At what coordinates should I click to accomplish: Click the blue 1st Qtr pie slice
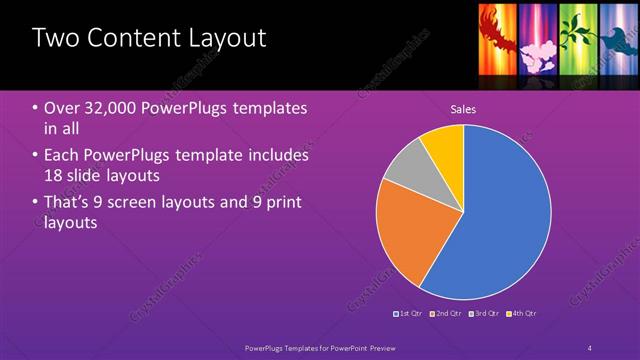[x=500, y=220]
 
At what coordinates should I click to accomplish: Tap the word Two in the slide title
[x=53, y=40]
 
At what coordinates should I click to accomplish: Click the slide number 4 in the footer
[x=590, y=348]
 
